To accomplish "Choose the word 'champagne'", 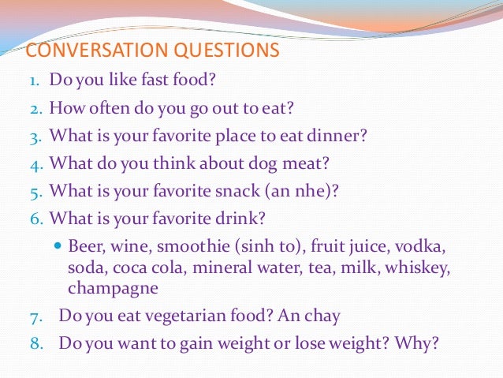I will point(113,289).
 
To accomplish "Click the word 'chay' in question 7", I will point(323,316).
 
